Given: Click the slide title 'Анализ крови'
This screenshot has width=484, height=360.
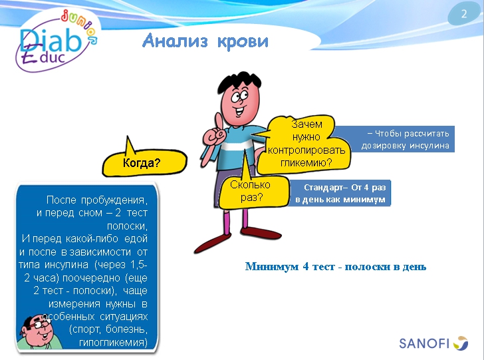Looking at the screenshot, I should tap(205, 41).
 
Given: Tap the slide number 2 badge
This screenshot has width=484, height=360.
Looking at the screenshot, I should tap(463, 15).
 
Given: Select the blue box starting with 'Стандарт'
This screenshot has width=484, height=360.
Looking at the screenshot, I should tap(340, 193).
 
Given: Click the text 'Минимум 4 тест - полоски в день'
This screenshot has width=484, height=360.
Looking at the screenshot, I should tap(336, 267).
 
